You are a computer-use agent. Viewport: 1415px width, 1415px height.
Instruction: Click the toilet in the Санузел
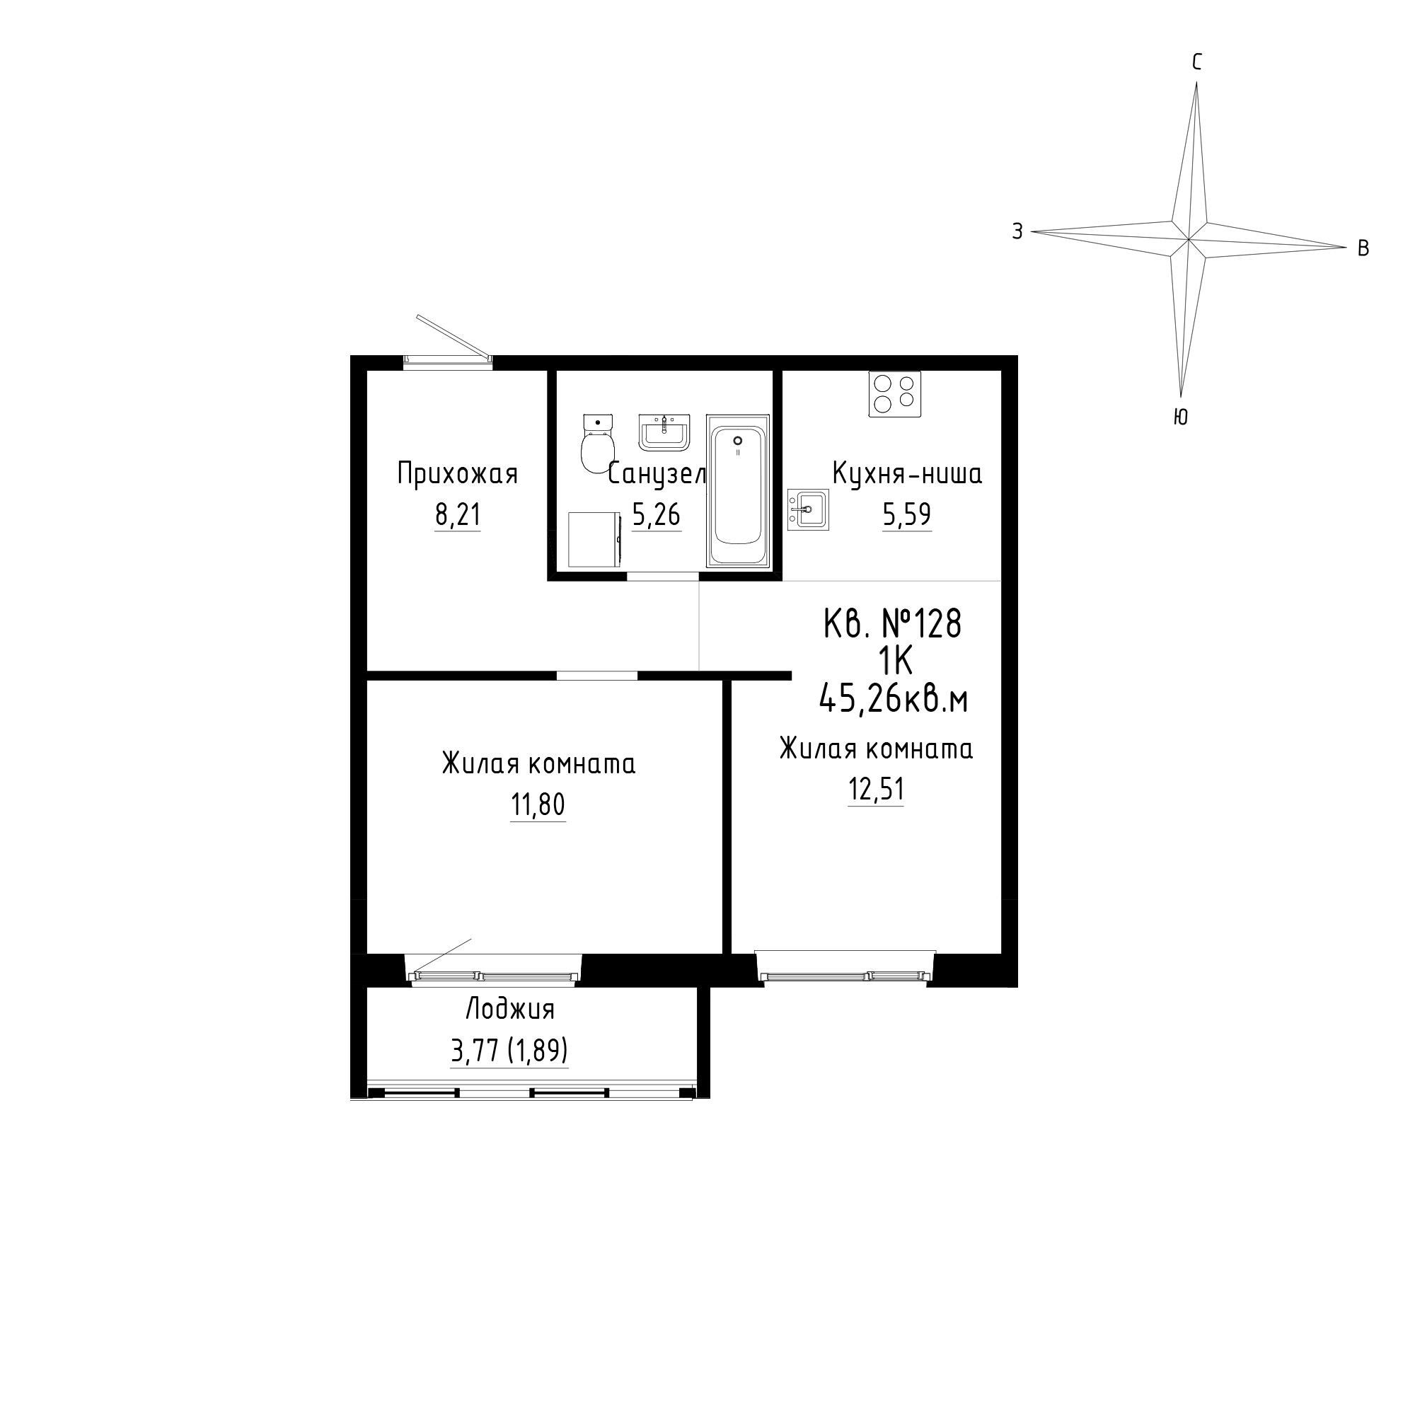coord(598,444)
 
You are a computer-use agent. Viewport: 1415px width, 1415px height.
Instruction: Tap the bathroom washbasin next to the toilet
coord(664,432)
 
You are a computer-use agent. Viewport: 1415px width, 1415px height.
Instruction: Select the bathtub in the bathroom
coord(737,491)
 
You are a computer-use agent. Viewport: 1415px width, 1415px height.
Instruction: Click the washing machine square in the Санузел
coord(595,540)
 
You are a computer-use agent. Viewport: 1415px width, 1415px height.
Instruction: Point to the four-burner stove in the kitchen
coord(895,394)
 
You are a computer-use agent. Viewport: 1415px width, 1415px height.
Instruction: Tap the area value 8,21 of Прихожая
coord(458,515)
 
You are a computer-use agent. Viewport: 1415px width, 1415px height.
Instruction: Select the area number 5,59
coord(907,515)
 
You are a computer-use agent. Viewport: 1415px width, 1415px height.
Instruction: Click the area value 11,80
coord(538,806)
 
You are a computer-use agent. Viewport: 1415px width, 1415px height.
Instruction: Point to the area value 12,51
coord(876,790)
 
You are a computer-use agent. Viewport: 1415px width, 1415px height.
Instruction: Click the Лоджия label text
coord(511,1010)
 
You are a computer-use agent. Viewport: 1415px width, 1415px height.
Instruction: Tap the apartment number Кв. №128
coord(892,625)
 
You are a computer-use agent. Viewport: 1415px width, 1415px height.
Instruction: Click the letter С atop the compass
coord(1197,63)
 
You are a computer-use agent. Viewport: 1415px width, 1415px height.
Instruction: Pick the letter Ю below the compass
coord(1180,417)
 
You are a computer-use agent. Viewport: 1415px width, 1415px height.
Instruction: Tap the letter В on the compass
coord(1363,249)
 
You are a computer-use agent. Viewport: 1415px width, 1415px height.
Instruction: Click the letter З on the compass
coord(1017,231)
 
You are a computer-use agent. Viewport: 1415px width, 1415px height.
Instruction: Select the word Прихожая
coord(458,474)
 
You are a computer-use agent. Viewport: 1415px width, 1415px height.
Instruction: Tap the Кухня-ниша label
coord(908,474)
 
